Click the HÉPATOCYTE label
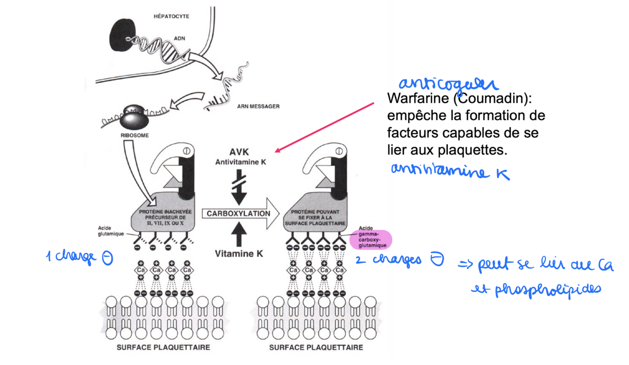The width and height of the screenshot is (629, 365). pos(171,16)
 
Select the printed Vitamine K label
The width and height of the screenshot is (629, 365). pos(239,254)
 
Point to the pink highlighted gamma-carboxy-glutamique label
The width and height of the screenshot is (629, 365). pos(372,239)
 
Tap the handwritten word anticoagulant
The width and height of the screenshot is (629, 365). pos(447,84)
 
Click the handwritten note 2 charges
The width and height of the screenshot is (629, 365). pos(399,260)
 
